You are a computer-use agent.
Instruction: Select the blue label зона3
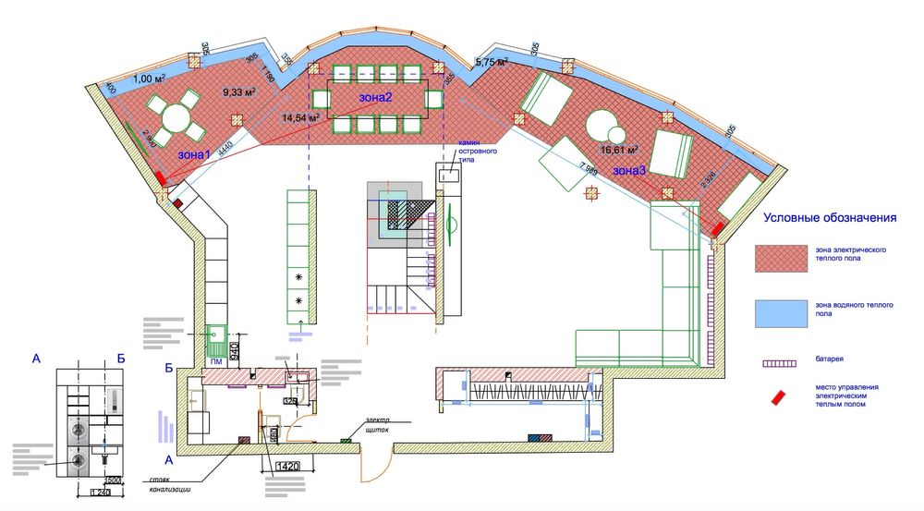coord(630,170)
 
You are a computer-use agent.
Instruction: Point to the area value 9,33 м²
coord(238,91)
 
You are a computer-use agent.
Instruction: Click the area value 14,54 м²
coord(301,118)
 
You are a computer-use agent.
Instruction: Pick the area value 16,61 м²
coord(621,149)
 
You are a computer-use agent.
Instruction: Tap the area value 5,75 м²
coord(492,62)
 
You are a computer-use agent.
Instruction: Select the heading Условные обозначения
coord(831,219)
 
